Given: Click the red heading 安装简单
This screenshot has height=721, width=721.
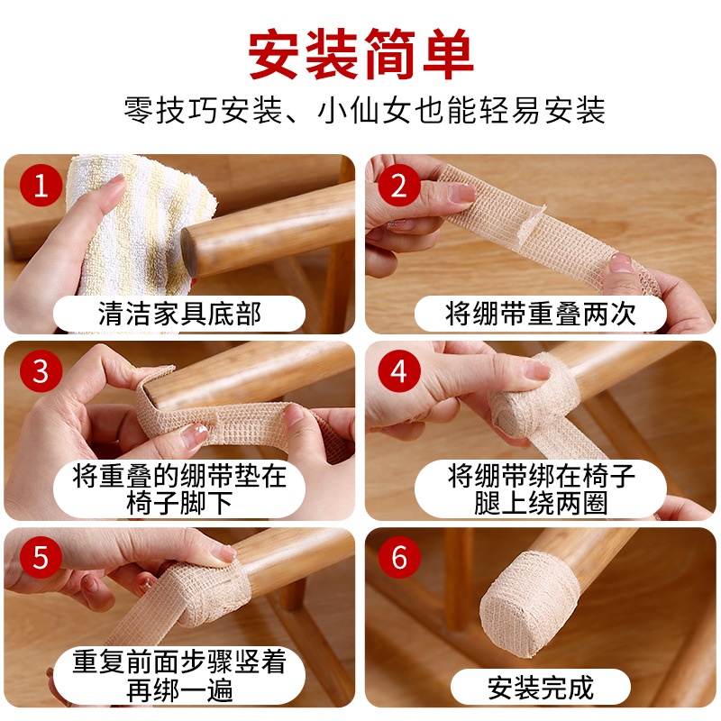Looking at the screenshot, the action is coord(361,54).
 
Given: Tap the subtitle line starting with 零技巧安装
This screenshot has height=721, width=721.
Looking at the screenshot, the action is coord(365,110).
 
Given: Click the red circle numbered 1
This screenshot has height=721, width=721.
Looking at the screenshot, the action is coord(41,186).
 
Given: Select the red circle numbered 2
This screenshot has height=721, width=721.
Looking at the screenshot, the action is coord(399,186).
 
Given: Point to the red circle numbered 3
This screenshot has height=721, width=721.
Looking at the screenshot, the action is coord(41,371).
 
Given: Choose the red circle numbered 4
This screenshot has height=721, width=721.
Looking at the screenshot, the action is coord(399,371).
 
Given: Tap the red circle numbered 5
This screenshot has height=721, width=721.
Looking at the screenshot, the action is coord(41,557).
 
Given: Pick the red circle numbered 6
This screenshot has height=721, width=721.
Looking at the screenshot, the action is coord(399,557).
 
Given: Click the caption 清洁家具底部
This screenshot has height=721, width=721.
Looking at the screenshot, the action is coord(179,314).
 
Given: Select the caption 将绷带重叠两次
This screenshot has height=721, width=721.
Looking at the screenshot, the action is coord(540,314).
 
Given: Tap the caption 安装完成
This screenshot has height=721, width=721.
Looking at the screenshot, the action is coord(540,688).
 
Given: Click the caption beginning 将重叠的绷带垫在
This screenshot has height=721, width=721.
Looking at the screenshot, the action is coord(179,488).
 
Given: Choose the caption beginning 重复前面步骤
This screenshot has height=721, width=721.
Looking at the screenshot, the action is coord(179,675).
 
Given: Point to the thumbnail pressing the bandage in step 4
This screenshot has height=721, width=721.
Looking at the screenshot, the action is coord(536,370).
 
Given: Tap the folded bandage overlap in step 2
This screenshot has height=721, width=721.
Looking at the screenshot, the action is coord(529,225).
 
